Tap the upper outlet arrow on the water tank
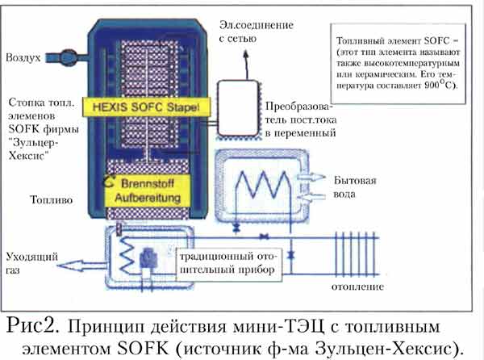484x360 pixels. point(310,174)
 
